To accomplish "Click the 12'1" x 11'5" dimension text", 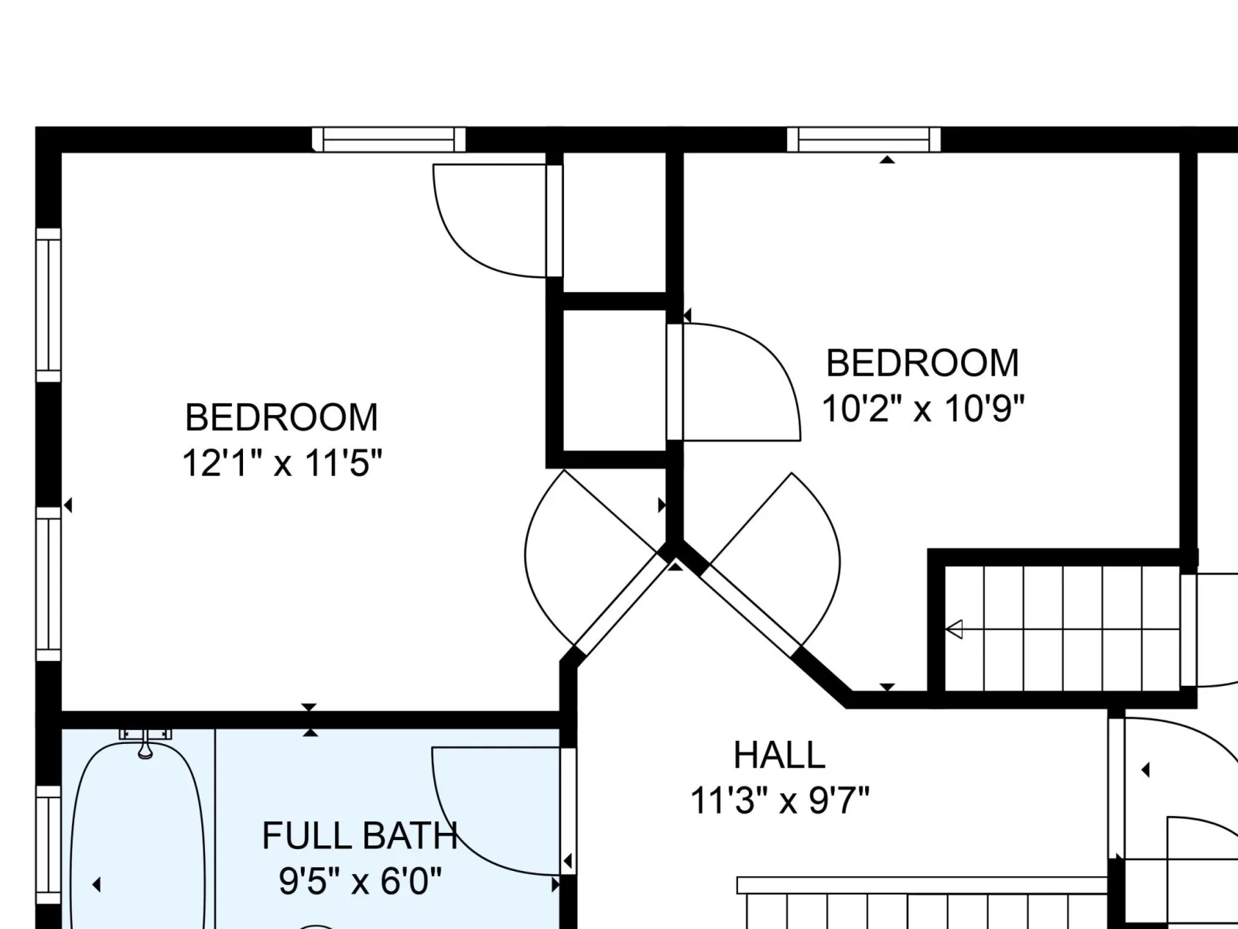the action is [x=282, y=463].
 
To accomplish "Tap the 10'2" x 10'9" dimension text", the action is [x=923, y=409].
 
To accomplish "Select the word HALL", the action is [x=779, y=755].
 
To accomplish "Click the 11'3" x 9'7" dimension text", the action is [x=780, y=800].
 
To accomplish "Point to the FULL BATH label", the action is [x=360, y=835].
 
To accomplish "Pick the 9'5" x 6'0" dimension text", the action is [x=360, y=880].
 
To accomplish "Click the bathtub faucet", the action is [x=145, y=742].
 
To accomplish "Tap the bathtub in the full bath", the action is [x=138, y=835].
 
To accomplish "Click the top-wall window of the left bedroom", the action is [x=388, y=139].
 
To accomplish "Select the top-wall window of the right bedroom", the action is [x=864, y=139].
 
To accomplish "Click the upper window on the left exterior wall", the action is [x=49, y=305].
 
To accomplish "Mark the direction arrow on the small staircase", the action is [x=954, y=629].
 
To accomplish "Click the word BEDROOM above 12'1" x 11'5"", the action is [x=282, y=417].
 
